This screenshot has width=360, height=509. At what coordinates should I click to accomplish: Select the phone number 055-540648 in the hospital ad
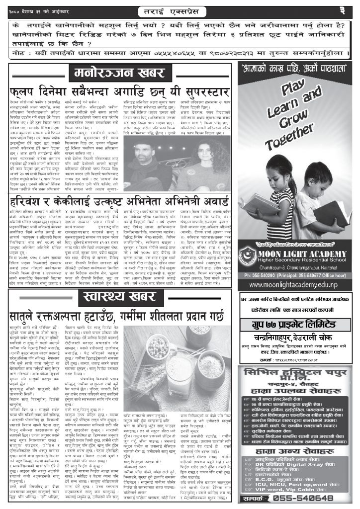(309, 498)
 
